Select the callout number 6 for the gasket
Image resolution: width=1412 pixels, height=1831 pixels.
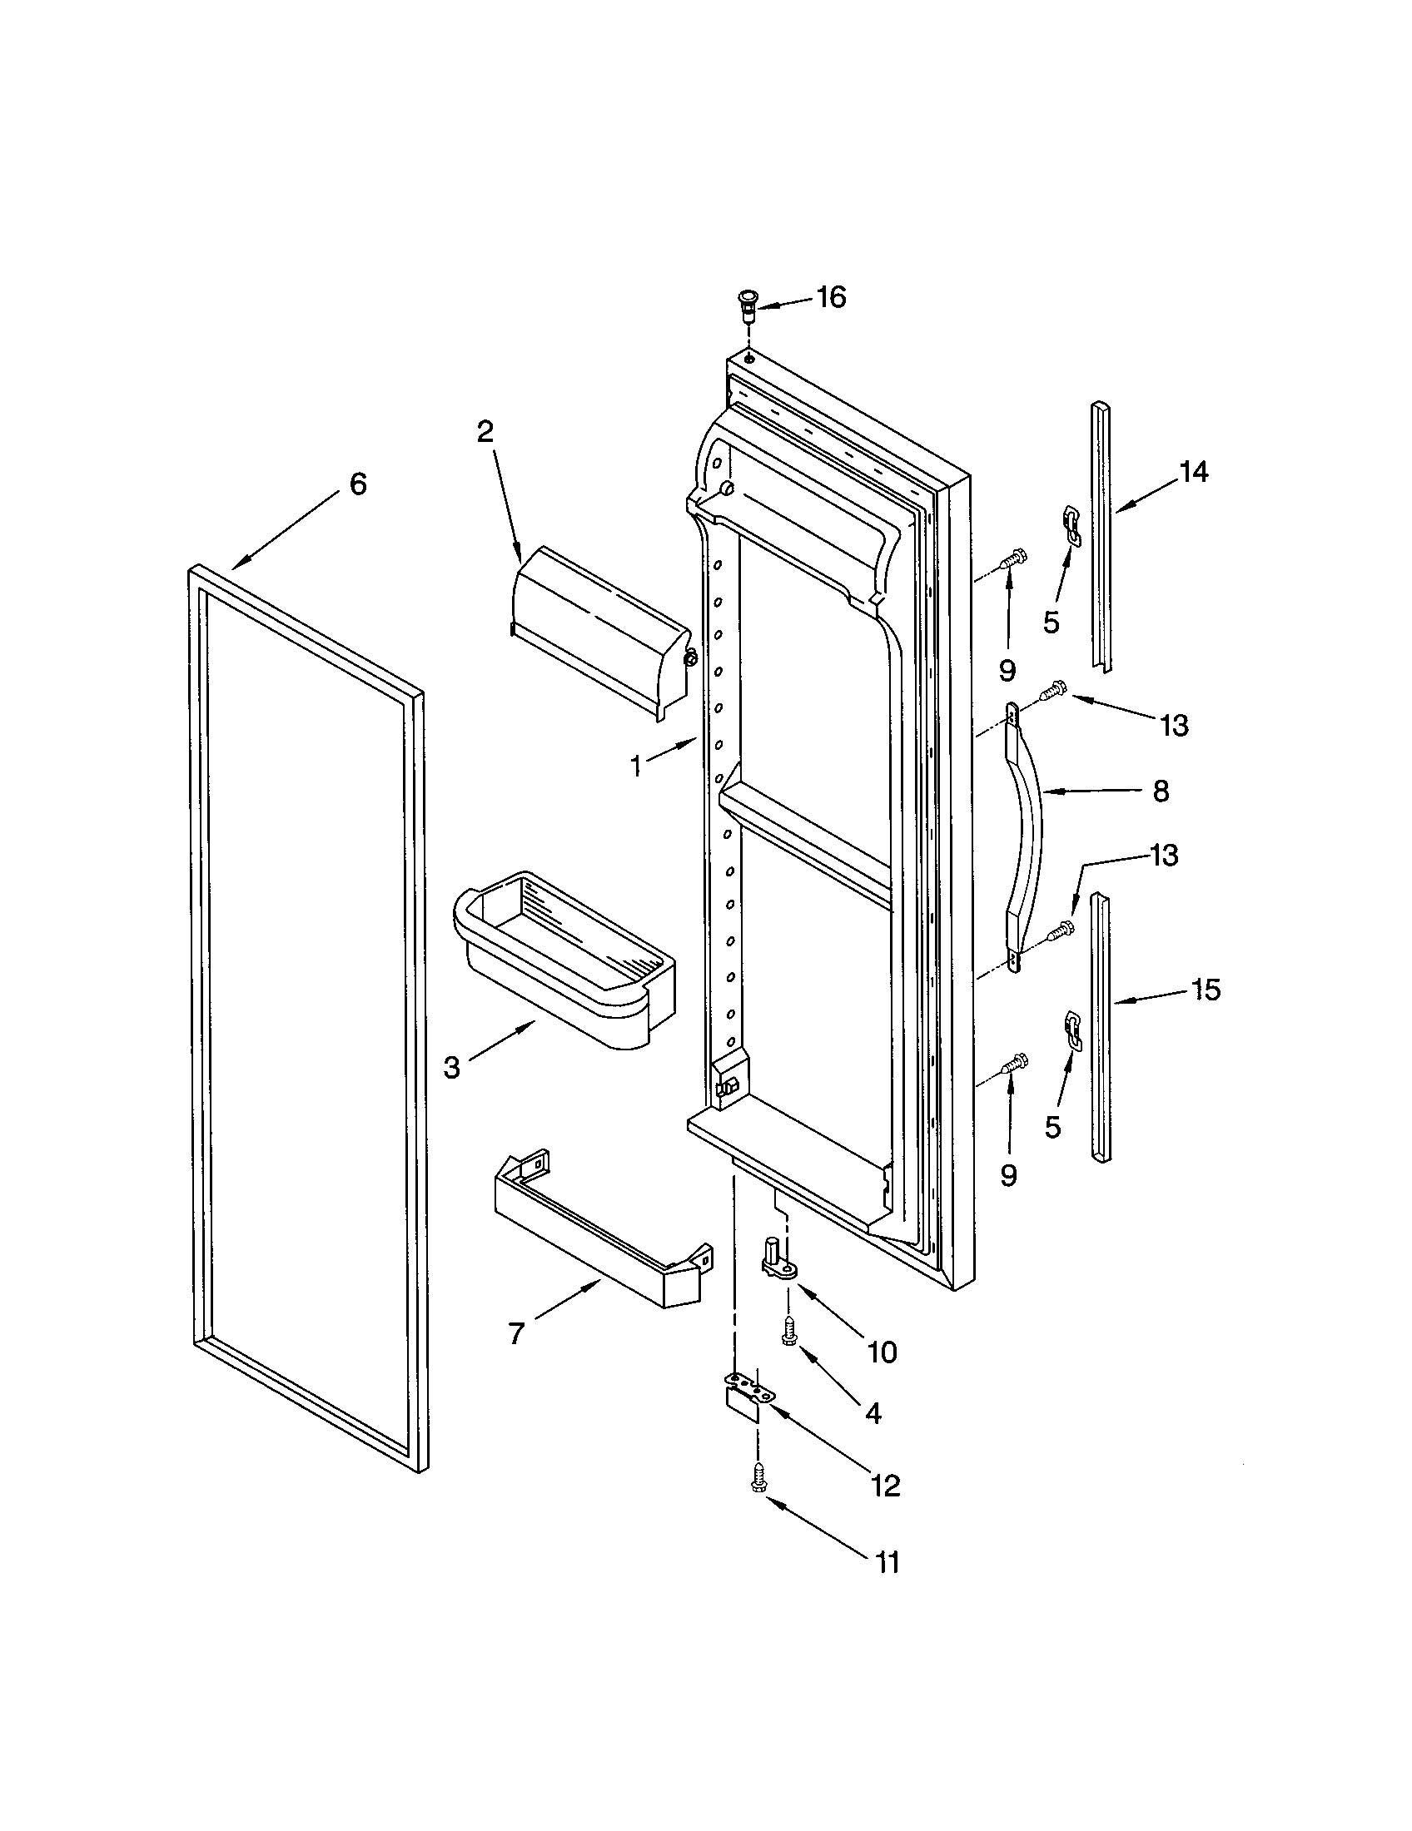[x=358, y=484]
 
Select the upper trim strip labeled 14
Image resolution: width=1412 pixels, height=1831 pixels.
[x=1101, y=537]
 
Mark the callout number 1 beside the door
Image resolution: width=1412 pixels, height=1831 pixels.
[x=636, y=766]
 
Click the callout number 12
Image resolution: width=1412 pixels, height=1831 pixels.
[x=886, y=1486]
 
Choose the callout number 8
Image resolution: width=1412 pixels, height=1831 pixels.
[x=1161, y=791]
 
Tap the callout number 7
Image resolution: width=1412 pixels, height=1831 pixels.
[x=516, y=1333]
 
